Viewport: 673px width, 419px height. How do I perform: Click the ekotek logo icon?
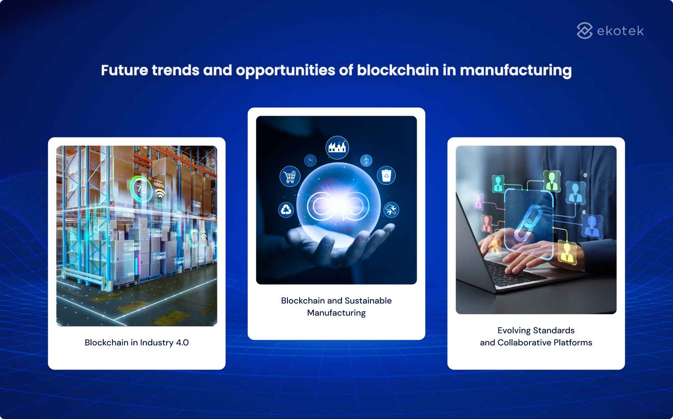[584, 31]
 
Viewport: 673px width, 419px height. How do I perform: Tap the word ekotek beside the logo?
[620, 31]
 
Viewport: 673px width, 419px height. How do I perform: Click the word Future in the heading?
[124, 70]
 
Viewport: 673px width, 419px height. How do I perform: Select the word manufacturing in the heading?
[516, 70]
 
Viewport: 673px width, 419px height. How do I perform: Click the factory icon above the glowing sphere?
[337, 147]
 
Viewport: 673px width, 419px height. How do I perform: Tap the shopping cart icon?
[290, 176]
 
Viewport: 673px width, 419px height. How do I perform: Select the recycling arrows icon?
[286, 209]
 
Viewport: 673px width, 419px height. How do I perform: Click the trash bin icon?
[386, 176]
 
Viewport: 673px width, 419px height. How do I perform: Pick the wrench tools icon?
[391, 209]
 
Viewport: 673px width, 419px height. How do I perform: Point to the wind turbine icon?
[366, 160]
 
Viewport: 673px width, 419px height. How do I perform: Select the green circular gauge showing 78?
[141, 189]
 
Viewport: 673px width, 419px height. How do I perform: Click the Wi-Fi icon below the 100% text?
[160, 194]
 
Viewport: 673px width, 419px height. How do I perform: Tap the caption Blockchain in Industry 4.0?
[136, 342]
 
